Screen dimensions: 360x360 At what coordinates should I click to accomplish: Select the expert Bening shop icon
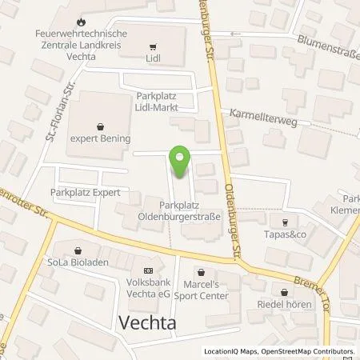coord(100,126)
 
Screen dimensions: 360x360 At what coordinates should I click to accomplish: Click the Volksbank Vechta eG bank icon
coord(146,270)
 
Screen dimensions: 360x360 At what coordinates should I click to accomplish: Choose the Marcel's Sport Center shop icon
coord(202,272)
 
